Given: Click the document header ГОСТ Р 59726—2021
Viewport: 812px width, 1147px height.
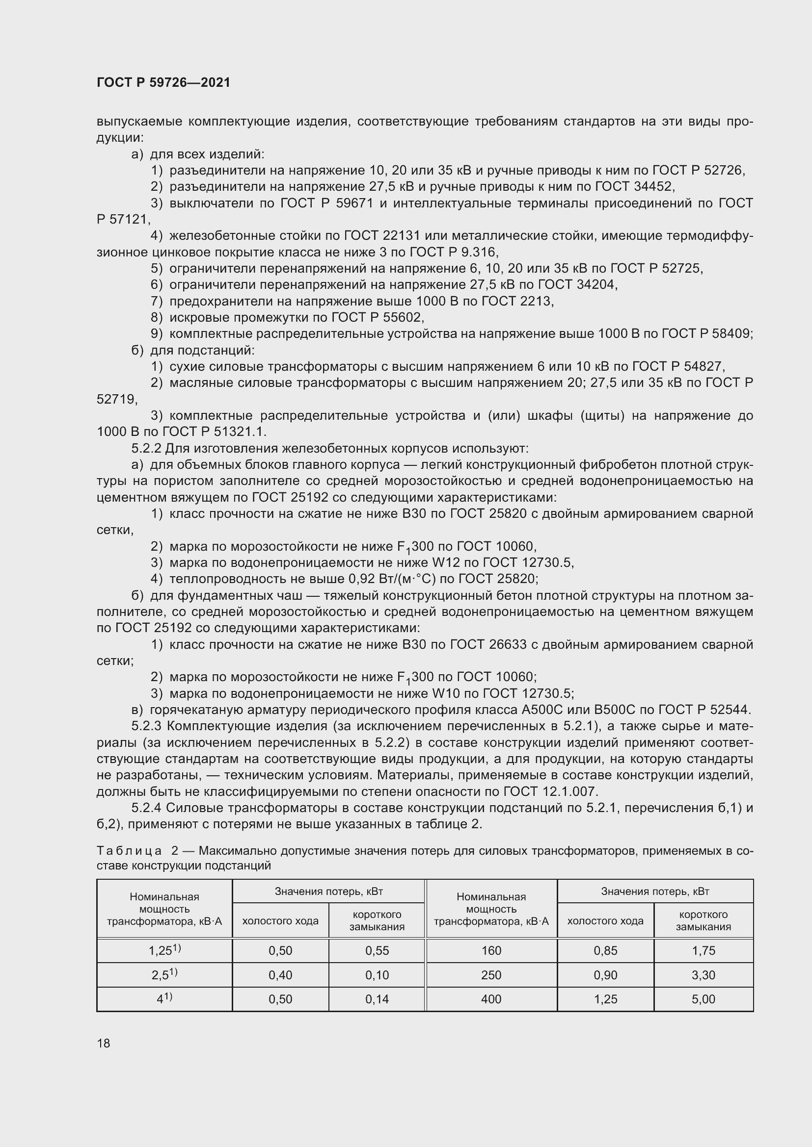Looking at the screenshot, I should (x=163, y=83).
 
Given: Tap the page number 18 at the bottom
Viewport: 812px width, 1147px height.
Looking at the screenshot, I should (x=104, y=1043).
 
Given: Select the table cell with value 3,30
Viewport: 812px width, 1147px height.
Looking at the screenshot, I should (x=703, y=975).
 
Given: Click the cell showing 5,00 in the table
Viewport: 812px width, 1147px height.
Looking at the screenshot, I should (x=703, y=999).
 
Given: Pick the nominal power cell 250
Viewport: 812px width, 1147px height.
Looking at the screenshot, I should (x=491, y=975).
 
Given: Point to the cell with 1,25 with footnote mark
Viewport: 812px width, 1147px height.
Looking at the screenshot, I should (x=164, y=951).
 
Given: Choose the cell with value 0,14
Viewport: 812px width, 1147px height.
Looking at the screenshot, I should (x=377, y=999).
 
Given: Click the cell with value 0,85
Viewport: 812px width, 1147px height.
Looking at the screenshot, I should (x=605, y=951).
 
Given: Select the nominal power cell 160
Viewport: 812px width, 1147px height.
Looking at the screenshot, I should (x=491, y=951).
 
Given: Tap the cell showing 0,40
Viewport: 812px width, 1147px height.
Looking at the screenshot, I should (x=280, y=975).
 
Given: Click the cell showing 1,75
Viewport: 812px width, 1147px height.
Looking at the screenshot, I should (x=703, y=951).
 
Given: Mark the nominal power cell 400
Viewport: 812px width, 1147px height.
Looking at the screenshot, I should (x=491, y=999).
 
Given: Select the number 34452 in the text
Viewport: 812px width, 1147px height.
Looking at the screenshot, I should (x=653, y=187).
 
